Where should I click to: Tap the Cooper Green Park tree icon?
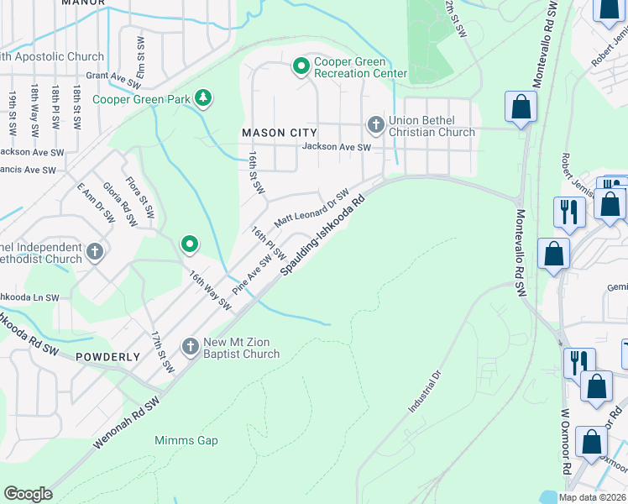coord(202,98)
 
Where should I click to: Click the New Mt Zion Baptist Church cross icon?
coord(191,346)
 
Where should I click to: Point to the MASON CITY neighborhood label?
coord(279,133)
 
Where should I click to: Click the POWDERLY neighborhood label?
coord(107,357)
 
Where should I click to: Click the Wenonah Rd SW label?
coord(126,424)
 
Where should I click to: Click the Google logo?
coord(29,494)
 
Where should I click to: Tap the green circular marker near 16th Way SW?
coord(190,244)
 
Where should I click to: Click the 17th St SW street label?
coord(161,352)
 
